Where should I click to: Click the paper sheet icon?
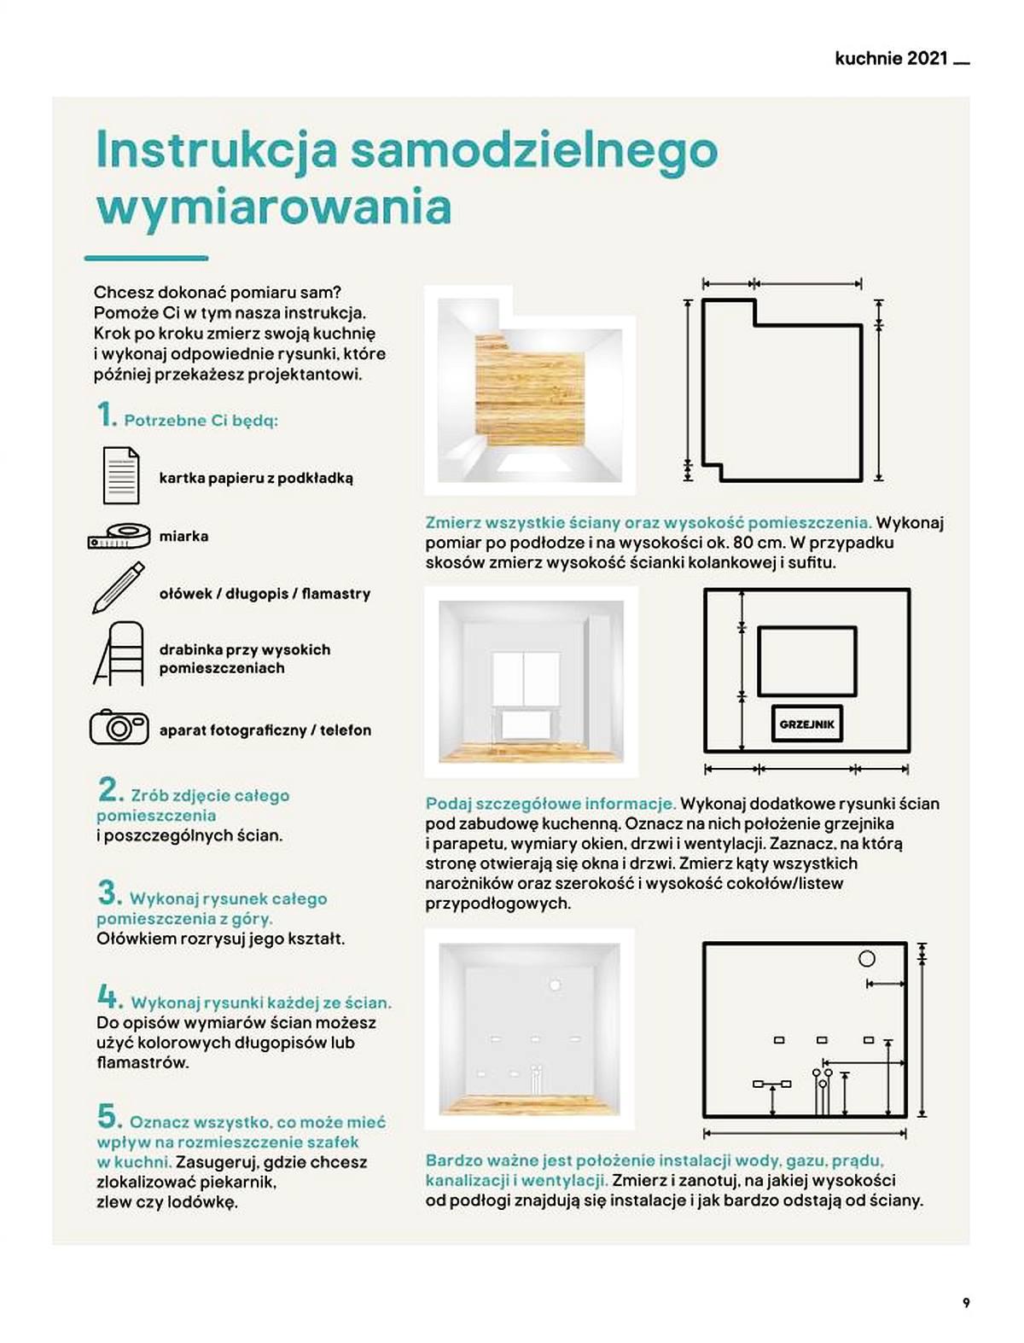click(x=121, y=475)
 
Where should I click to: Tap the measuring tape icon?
click(x=119, y=536)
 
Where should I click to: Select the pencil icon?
click(x=119, y=587)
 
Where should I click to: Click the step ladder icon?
click(x=119, y=653)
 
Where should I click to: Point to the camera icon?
click(x=119, y=727)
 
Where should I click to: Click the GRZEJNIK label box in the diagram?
click(x=807, y=724)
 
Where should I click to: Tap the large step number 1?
click(x=107, y=414)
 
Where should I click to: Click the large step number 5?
click(x=109, y=1116)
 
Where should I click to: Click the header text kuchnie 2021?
click(x=891, y=59)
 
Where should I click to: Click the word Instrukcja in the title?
click(x=217, y=150)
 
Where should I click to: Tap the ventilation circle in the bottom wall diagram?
click(x=867, y=959)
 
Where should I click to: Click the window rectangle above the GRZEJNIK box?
click(x=807, y=661)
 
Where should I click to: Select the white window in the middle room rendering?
click(x=526, y=678)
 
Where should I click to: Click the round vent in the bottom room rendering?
click(x=555, y=985)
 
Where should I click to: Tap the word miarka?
click(x=183, y=536)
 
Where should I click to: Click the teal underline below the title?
click(x=146, y=259)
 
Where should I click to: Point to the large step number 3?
click(x=109, y=892)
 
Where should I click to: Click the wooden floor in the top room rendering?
click(x=530, y=392)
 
